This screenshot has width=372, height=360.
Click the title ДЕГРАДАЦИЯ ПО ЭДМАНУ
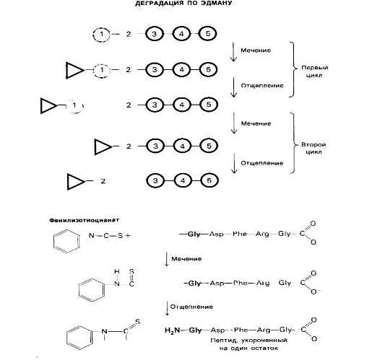click(183, 3)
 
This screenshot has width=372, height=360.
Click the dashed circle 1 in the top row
click(93, 35)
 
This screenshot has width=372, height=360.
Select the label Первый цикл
click(314, 71)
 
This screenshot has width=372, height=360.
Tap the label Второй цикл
click(313, 148)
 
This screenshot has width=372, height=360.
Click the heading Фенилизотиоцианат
click(84, 220)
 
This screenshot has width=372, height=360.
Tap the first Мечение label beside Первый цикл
click(256, 51)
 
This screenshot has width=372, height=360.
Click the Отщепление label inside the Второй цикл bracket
click(262, 163)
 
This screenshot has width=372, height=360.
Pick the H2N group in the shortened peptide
click(172, 330)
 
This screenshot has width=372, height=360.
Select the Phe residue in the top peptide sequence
click(240, 234)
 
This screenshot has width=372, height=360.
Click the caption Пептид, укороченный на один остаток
click(248, 344)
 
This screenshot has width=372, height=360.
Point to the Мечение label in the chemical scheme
click(186, 259)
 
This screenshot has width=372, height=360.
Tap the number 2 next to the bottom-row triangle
click(103, 181)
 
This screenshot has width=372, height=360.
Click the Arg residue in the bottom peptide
click(264, 330)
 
